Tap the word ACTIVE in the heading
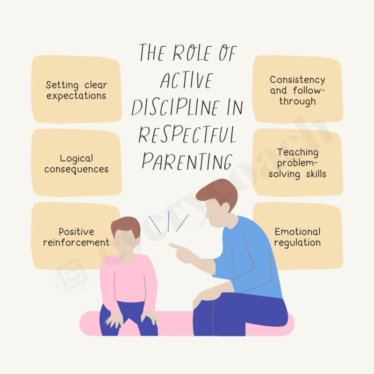(186, 81)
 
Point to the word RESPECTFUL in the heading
(187, 135)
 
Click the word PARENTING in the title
(187, 161)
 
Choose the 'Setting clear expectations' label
(76, 90)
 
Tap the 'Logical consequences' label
(76, 164)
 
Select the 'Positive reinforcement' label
(76, 237)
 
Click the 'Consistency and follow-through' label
(297, 90)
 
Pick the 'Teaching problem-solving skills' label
(297, 163)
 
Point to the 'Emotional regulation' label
(297, 237)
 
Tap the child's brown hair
(125, 226)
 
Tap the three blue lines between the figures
(168, 223)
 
